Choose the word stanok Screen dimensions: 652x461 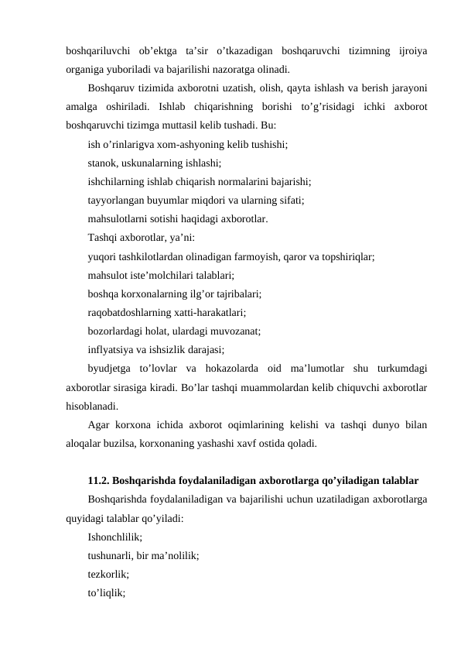104,163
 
